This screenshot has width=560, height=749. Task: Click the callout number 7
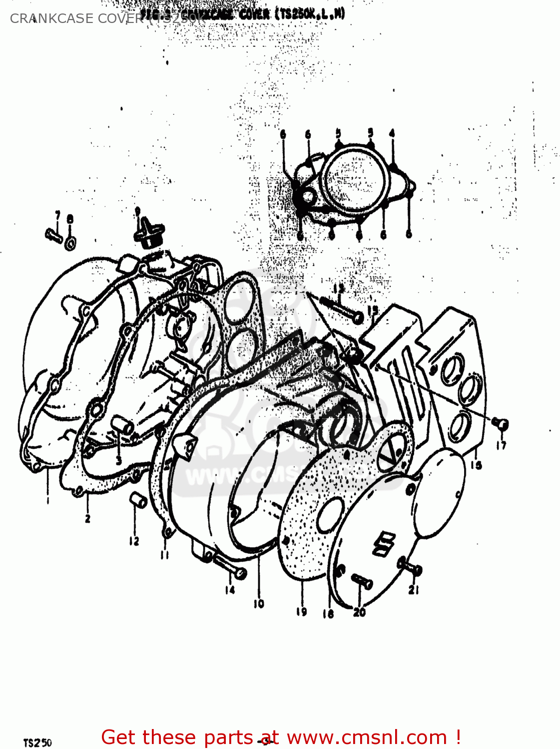[57, 216]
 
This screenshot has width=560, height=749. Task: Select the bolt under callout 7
[53, 235]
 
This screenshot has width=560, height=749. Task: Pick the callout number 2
[87, 518]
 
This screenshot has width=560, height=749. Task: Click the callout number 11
[165, 555]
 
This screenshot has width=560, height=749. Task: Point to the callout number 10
[258, 604]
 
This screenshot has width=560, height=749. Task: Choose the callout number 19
[301, 611]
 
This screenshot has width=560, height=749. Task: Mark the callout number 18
[328, 614]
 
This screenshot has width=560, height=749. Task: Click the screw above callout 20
[362, 582]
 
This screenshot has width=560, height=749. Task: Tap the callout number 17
[501, 445]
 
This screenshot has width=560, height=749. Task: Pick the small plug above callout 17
[500, 423]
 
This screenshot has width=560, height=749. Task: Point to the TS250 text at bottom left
[37, 743]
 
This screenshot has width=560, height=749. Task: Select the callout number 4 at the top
[392, 133]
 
